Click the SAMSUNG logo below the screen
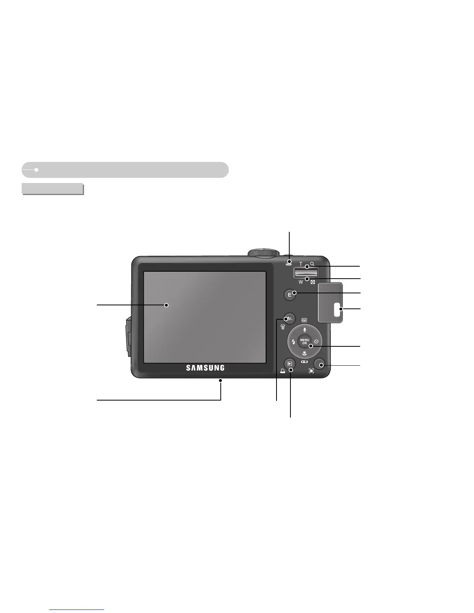coord(205,368)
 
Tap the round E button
coord(289,295)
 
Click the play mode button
coord(289,363)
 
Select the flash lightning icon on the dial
coord(294,342)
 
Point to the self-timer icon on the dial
coord(316,341)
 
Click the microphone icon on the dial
coord(305,330)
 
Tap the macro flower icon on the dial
coord(305,353)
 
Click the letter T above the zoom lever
coord(301,264)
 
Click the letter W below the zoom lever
coord(301,282)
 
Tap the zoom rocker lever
coord(306,273)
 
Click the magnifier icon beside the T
coord(312,264)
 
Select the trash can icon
coord(283,326)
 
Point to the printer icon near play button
coord(283,371)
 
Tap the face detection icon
coord(311,371)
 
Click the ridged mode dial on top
coord(263,253)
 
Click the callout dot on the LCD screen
coord(167,305)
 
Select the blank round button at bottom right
coord(320,364)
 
